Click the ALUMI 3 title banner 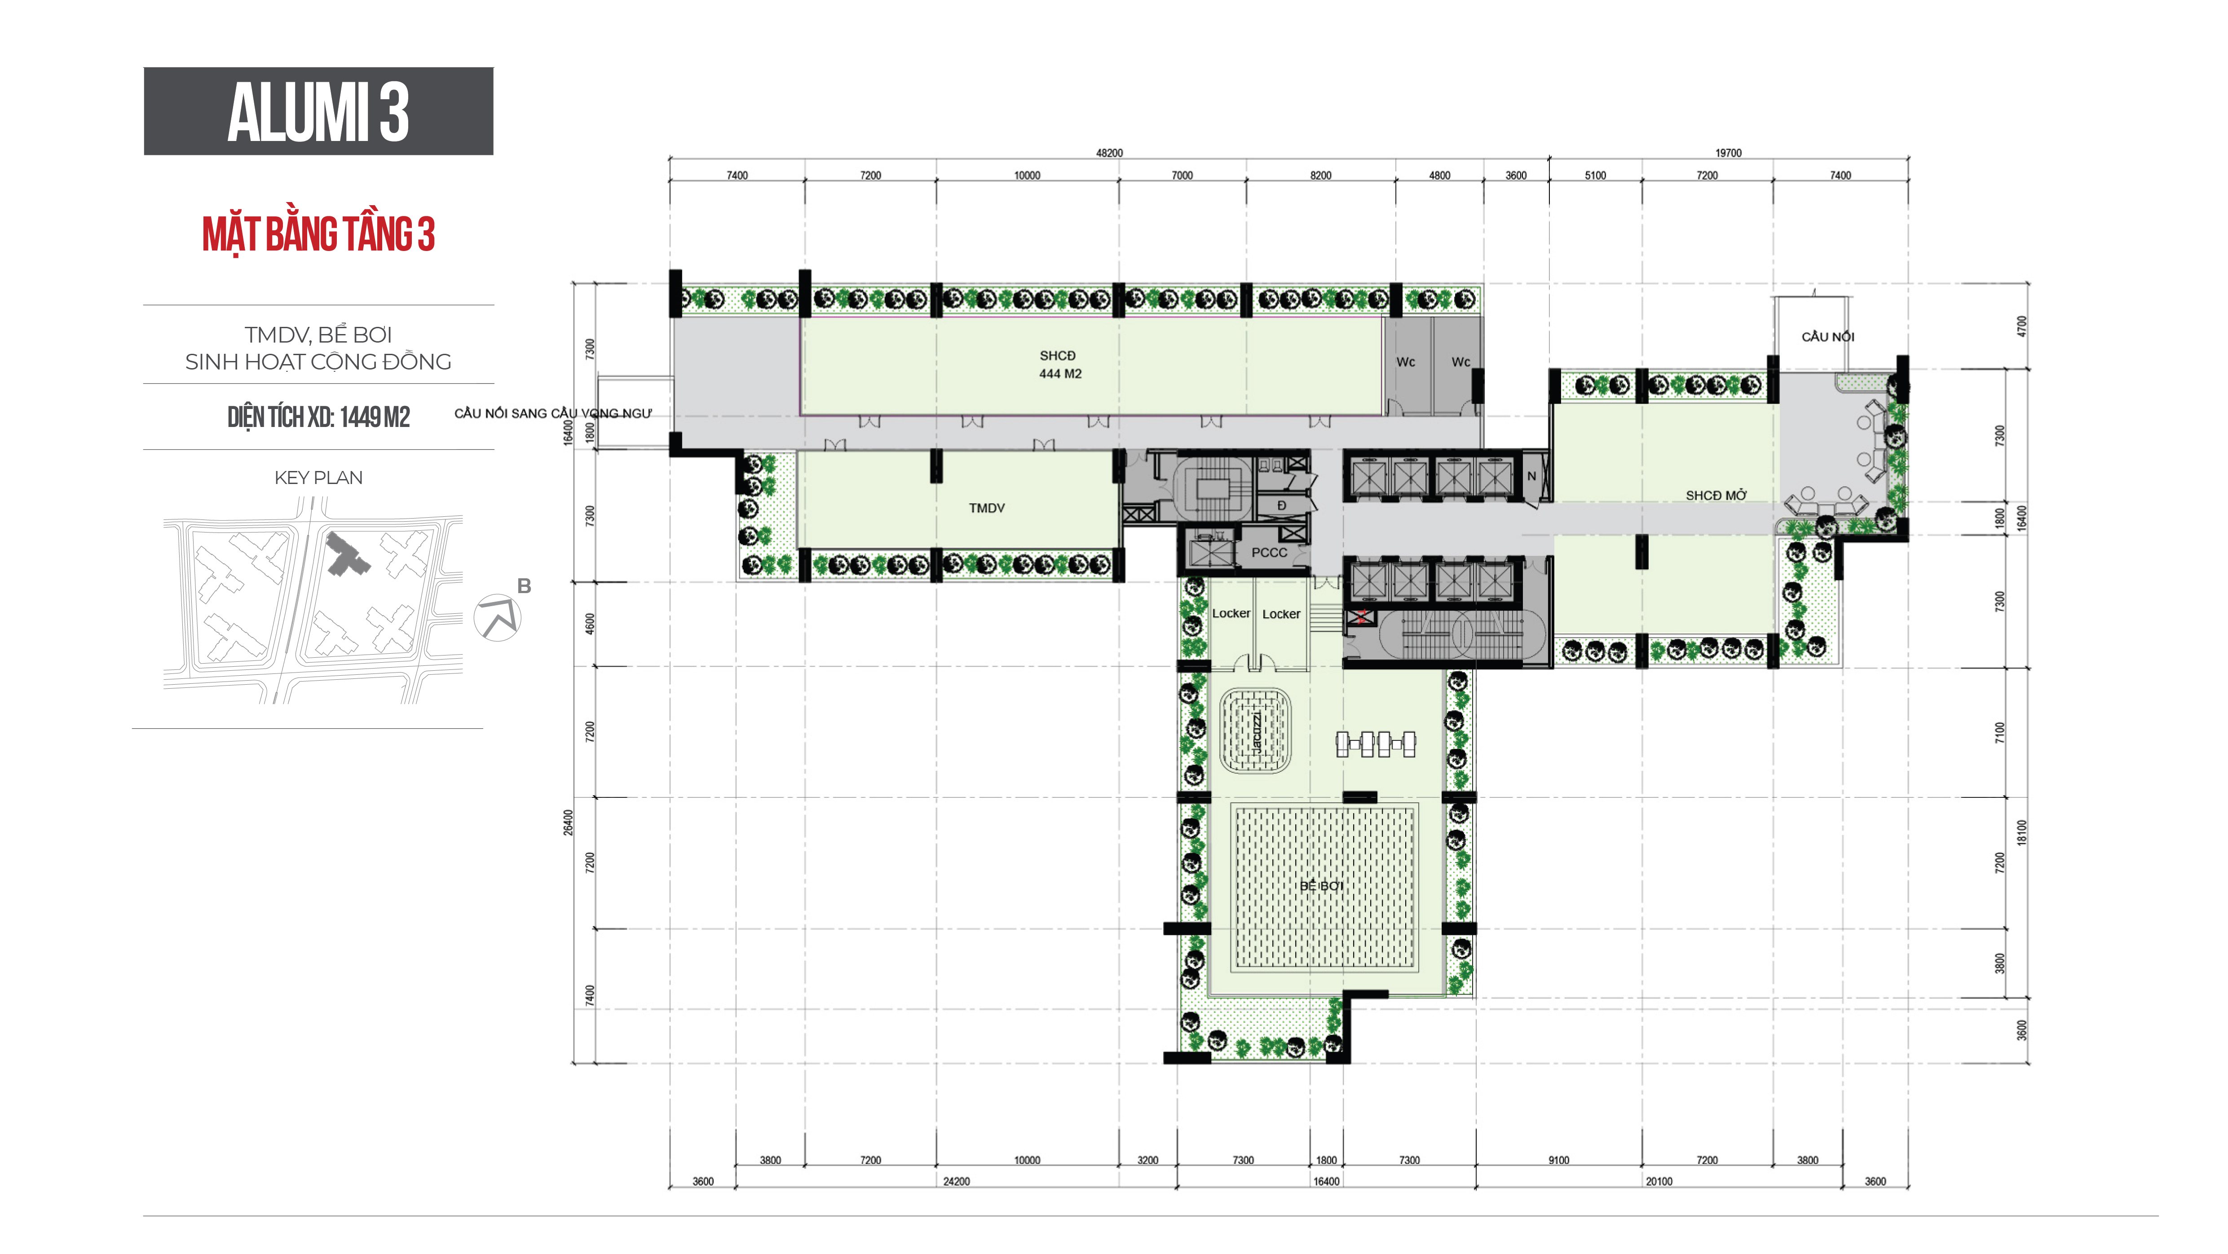[x=318, y=111]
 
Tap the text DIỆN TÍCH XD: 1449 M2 [x=318, y=417]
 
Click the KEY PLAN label [x=318, y=477]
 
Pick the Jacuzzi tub [x=1255, y=731]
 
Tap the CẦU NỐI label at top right [x=1827, y=336]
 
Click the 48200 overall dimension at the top [x=1109, y=153]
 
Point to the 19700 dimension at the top [x=1728, y=153]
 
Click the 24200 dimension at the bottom [x=956, y=1181]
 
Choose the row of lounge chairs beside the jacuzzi [x=1375, y=744]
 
